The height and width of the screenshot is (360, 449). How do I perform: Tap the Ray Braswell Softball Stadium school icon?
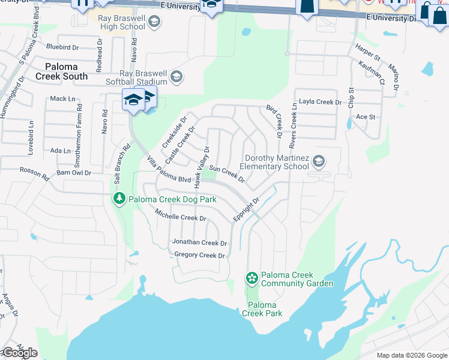[x=176, y=77]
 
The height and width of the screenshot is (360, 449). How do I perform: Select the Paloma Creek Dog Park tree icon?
[x=119, y=199]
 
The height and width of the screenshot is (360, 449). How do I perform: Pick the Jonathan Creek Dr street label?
[x=200, y=243]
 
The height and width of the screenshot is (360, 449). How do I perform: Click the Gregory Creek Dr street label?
[x=199, y=255]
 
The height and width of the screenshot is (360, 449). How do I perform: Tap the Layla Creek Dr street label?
[x=321, y=102]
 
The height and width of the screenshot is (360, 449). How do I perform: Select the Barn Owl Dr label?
[x=71, y=173]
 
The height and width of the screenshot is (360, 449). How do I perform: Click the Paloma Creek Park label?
[x=262, y=309]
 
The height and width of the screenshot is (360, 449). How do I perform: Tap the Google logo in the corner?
[x=19, y=353]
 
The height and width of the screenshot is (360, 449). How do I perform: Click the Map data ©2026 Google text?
[x=411, y=355]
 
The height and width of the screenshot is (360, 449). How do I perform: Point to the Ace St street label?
[x=365, y=117]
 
